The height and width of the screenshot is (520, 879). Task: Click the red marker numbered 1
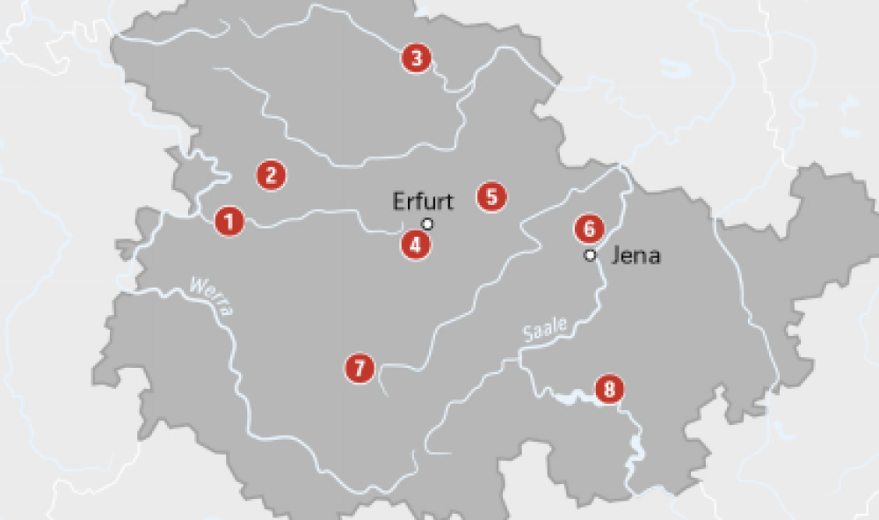[229, 220]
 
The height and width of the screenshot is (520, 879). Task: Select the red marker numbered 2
[272, 174]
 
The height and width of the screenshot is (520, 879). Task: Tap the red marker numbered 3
[416, 59]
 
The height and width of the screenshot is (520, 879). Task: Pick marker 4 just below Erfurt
[416, 244]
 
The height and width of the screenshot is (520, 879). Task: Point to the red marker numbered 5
[492, 196]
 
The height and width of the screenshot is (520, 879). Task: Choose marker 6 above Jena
[590, 229]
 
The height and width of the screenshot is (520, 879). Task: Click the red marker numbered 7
[360, 368]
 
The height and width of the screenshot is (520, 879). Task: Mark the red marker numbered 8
[609, 388]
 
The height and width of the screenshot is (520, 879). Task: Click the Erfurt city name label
[423, 201]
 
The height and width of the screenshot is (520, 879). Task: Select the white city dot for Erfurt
[428, 223]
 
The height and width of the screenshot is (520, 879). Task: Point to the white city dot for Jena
[591, 255]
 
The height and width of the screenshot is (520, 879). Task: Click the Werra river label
[211, 297]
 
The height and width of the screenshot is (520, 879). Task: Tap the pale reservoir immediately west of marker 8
[571, 397]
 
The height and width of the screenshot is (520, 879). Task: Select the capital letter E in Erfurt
[398, 201]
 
